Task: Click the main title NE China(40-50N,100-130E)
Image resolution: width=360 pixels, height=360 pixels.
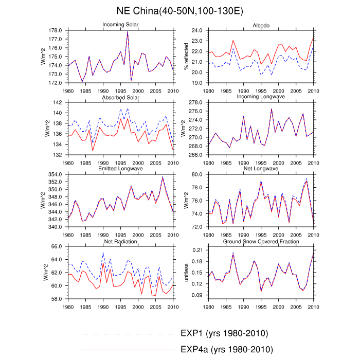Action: [x=180, y=11]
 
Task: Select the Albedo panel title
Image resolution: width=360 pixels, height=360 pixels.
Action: [x=261, y=25]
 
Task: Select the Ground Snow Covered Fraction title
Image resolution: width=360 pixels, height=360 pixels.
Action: [x=261, y=241]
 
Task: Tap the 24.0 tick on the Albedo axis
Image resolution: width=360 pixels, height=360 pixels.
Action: [x=197, y=31]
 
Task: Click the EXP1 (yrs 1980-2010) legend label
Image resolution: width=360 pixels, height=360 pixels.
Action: [x=225, y=333]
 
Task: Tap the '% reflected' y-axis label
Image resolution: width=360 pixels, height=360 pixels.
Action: [x=186, y=57]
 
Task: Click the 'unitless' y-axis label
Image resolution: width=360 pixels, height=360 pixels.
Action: [x=186, y=273]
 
